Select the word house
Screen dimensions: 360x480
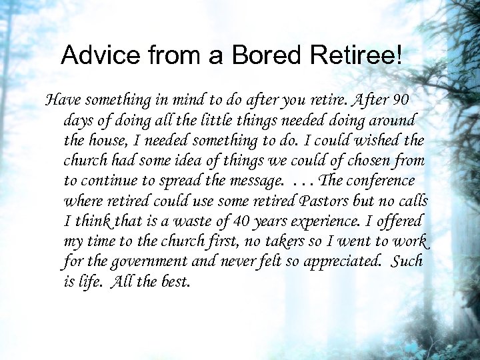coord(109,141)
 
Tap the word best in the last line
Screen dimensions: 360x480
coord(175,281)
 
